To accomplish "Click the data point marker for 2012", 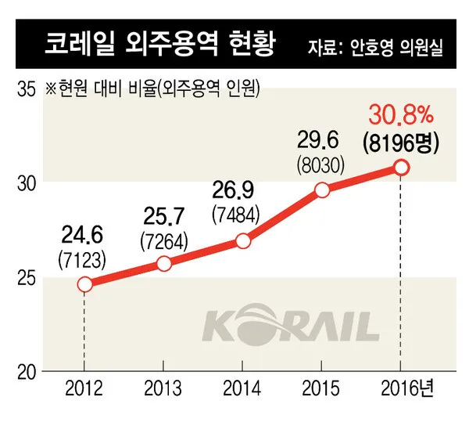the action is tap(84, 284).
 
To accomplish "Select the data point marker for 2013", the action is tap(164, 264).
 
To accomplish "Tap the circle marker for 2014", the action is tap(243, 241).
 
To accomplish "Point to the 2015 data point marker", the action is tap(322, 190).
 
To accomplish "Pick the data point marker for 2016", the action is tap(402, 168).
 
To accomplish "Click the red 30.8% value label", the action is tap(401, 114).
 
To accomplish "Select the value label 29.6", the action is tap(318, 140).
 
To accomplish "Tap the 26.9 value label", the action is tap(233, 190).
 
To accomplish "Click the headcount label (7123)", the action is tap(82, 259).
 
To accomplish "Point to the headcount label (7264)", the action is tap(164, 241).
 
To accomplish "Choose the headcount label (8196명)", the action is tap(401, 143).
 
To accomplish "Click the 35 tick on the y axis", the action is tap(27, 89).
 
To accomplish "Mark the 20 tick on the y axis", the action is tap(27, 373).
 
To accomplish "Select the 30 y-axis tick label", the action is tap(27, 184).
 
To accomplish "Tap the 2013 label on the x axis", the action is tap(163, 388).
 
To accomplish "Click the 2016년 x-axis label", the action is tap(407, 388).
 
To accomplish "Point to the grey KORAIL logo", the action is tap(291, 325).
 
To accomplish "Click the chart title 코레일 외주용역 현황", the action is tap(160, 44).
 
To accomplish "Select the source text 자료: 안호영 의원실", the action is tap(375, 47).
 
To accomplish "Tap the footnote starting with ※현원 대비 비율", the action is tap(152, 88).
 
